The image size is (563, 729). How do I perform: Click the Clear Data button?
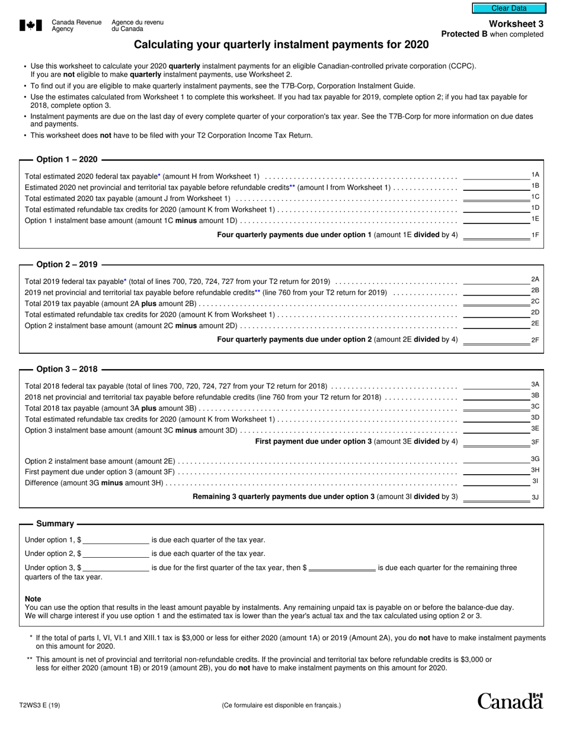tap(508, 8)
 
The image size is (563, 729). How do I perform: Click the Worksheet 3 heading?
tap(516, 24)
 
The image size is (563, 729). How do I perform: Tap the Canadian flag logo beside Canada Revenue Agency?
tap(31, 25)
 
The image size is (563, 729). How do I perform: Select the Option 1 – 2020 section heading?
tap(67, 159)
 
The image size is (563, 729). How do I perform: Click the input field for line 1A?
tap(495, 175)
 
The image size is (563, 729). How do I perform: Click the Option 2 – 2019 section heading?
tap(67, 264)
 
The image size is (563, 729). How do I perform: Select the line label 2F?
tap(535, 340)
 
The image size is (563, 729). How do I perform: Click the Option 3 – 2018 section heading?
tap(67, 369)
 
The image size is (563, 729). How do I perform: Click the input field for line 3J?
tap(495, 497)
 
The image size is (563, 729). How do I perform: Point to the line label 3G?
tap(535, 459)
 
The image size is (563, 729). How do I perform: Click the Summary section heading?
tap(55, 524)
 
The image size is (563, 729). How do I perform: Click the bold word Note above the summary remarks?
tap(33, 599)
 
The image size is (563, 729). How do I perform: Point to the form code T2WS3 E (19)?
tap(40, 705)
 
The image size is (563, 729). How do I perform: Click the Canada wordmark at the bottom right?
tap(510, 701)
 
